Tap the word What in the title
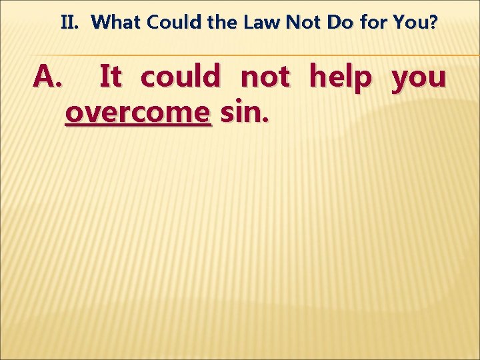click(117, 23)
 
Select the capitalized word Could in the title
click(170, 23)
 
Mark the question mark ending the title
click(434, 23)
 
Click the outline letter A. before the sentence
click(47, 77)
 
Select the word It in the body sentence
click(110, 77)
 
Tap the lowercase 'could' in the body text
click(180, 77)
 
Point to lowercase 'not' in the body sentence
click(265, 77)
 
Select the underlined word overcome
click(138, 113)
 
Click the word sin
click(241, 112)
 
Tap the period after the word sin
click(267, 121)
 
